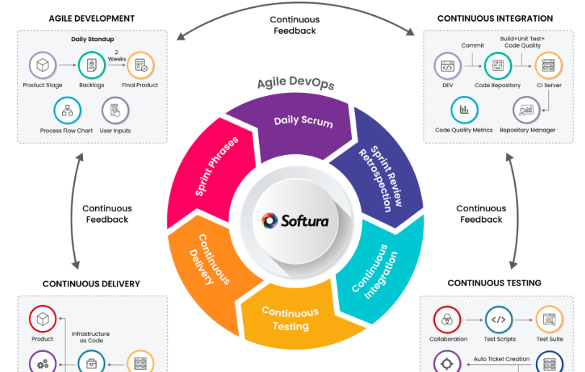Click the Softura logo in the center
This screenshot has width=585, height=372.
295,220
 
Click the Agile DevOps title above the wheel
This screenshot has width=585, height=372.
295,84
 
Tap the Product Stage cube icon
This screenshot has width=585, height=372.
43,66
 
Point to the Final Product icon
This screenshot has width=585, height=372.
141,66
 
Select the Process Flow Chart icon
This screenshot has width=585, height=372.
66,110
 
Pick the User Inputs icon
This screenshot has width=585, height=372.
115,110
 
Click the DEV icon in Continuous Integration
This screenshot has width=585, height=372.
447,66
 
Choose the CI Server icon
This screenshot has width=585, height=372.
549,66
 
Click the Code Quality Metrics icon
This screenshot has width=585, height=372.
464,110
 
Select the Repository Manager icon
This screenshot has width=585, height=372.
527,110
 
